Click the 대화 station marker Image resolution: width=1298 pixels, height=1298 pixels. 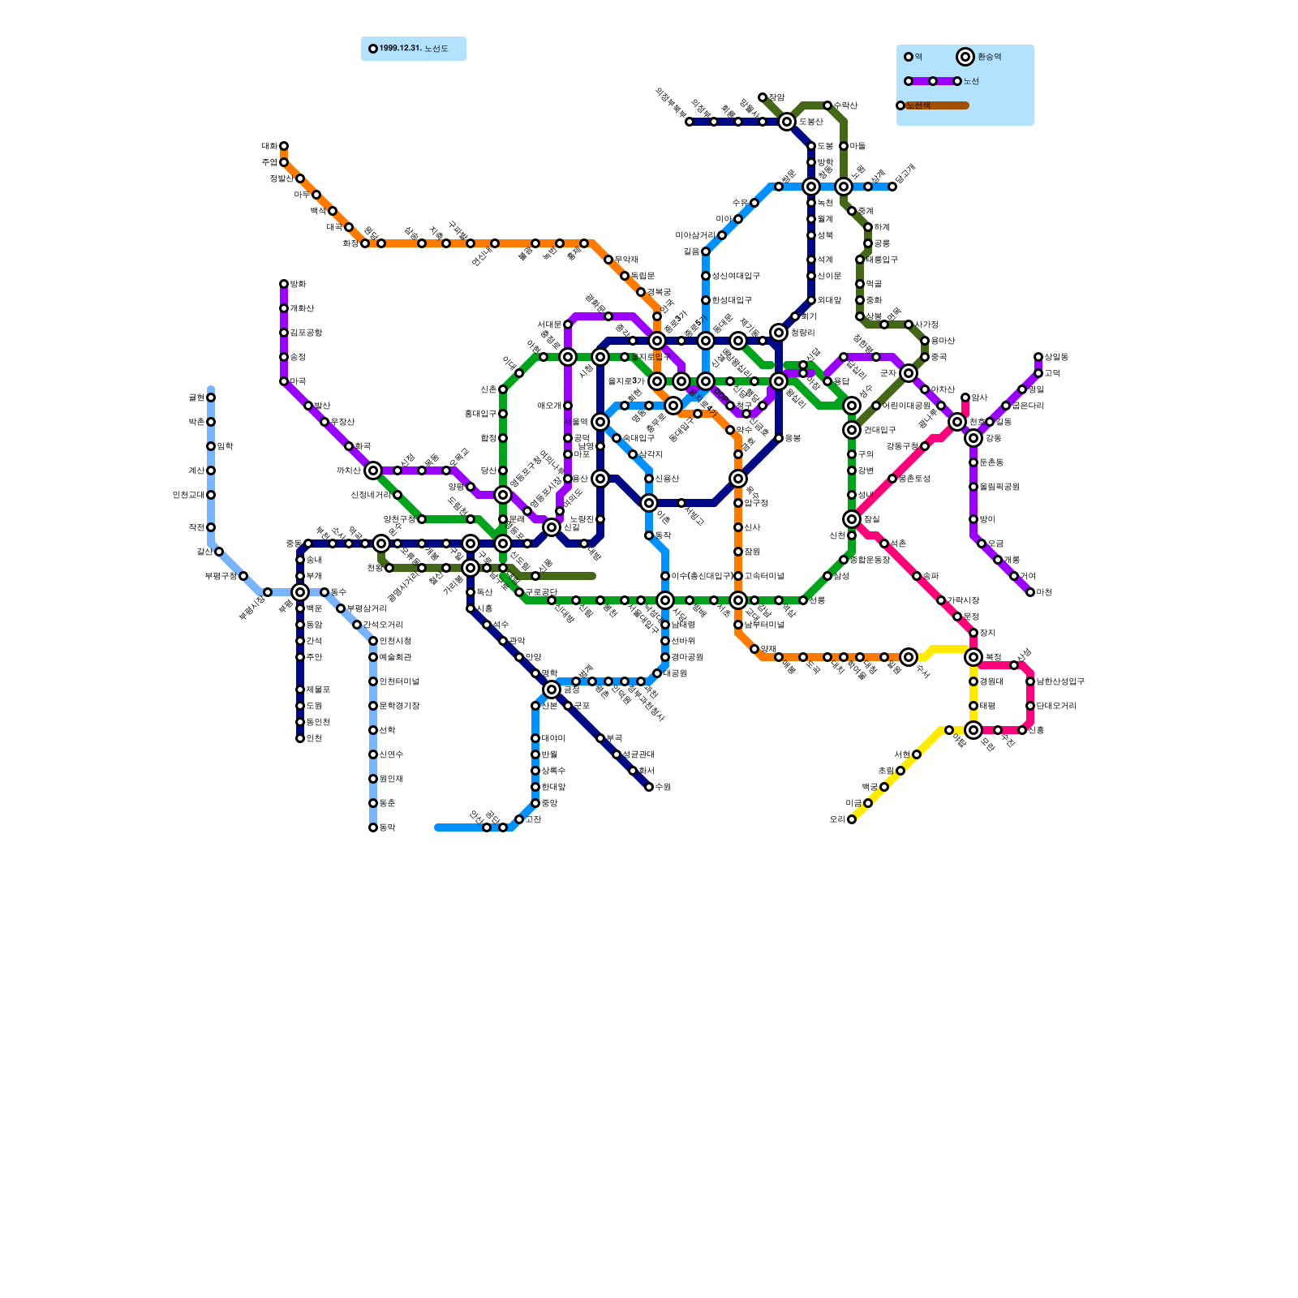point(284,146)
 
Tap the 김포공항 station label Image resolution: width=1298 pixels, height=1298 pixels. point(306,333)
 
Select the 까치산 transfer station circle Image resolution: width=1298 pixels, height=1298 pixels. point(373,471)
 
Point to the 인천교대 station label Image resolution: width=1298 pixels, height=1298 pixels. point(188,495)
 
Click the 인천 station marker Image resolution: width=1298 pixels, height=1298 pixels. point(300,738)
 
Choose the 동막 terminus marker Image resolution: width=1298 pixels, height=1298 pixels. point(373,827)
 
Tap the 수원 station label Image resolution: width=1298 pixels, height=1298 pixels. point(663,787)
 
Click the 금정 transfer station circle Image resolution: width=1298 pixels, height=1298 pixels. point(552,690)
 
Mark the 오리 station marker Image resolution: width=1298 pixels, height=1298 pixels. point(852,819)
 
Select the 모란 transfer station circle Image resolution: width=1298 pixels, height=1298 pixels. point(973,730)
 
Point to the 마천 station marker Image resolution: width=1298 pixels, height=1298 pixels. point(1030,592)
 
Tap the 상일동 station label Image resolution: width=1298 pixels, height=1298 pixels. point(1056,357)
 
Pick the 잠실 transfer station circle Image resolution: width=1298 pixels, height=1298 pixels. point(852,519)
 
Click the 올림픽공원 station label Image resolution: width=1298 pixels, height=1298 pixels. point(999,487)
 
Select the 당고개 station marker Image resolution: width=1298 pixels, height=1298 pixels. point(892,187)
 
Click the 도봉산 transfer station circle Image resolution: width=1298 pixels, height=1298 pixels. point(787,122)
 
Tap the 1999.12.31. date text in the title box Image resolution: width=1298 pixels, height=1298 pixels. point(400,49)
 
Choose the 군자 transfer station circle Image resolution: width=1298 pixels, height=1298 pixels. point(909,373)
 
